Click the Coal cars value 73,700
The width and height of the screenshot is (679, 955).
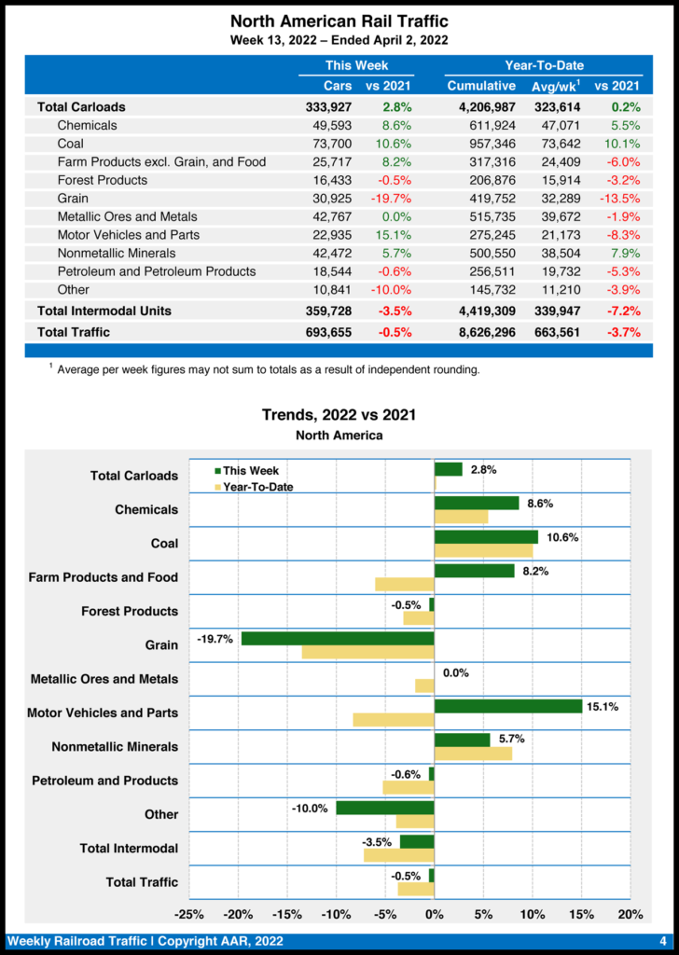click(332, 144)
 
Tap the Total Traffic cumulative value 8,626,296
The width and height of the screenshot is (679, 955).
click(481, 332)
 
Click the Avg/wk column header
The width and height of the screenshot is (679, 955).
click(557, 87)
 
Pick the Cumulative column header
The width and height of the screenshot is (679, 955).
click(481, 87)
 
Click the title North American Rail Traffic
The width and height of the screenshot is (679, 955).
click(339, 21)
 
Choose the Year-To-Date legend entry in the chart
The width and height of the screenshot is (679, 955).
click(254, 486)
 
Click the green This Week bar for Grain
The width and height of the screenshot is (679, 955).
click(338, 639)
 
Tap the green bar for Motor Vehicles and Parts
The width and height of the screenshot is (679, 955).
click(508, 707)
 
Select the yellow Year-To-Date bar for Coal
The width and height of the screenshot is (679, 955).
click(483, 551)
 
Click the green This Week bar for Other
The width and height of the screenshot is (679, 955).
click(385, 808)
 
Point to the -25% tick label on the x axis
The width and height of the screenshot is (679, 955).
click(190, 915)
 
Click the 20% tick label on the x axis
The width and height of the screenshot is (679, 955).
click(630, 915)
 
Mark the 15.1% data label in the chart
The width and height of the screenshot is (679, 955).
click(602, 707)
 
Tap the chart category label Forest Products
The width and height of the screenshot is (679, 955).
click(130, 611)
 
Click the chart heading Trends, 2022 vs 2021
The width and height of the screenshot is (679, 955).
click(339, 415)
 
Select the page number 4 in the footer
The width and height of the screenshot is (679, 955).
click(661, 941)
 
